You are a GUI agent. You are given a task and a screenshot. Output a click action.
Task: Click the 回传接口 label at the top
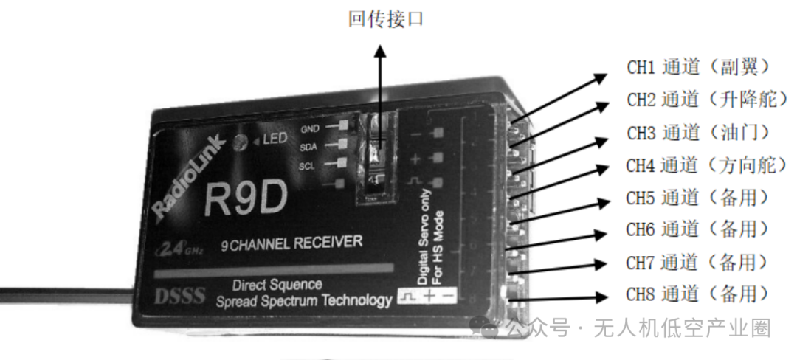pos(386,19)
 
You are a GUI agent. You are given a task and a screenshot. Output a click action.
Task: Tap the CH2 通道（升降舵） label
pos(702,100)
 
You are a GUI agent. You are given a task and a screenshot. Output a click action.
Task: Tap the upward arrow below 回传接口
pos(380,89)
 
